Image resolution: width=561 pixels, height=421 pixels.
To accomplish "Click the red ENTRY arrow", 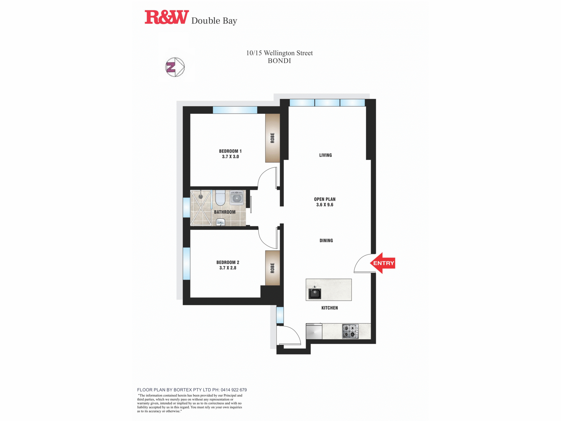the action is point(382,263).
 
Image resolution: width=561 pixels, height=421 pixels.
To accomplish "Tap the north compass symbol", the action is point(175,67).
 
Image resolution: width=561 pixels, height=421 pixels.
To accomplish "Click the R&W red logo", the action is point(167,17).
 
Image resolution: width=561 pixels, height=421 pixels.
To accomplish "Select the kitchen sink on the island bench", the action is point(315,293).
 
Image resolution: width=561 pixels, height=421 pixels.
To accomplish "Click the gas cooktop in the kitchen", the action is point(350,331).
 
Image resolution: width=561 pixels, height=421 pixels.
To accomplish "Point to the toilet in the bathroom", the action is point(220,198).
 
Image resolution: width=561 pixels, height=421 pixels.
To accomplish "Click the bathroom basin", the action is point(220,222).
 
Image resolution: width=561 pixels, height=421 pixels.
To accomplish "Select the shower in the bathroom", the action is point(201,208).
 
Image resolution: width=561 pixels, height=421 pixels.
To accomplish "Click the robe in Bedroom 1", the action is point(273,138).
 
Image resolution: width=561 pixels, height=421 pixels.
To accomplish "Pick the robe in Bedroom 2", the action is point(273,268).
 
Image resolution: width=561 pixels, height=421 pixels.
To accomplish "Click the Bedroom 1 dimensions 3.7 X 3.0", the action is point(230,157).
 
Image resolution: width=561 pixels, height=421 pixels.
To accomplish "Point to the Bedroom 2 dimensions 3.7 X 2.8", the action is point(228,268).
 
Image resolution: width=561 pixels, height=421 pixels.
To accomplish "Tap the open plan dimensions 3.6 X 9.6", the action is point(325,205).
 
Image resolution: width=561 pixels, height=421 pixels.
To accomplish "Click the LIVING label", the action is point(325,155).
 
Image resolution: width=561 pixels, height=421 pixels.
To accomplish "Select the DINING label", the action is point(326,241).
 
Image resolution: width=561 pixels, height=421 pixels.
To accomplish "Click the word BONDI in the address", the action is point(279,61).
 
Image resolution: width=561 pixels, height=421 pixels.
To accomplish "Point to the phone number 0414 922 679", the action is point(234,390).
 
